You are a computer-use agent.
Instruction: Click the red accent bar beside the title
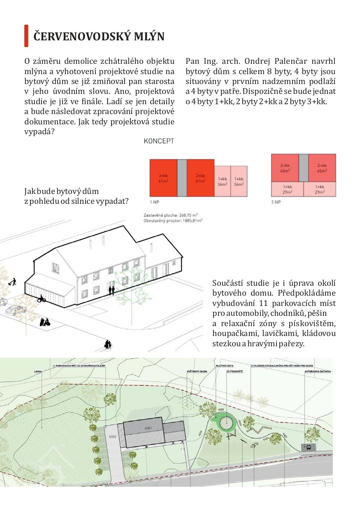point(26,36)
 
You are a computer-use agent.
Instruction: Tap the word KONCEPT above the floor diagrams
point(159,141)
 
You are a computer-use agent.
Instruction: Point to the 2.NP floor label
point(276,202)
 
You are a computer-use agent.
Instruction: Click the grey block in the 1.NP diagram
point(181,177)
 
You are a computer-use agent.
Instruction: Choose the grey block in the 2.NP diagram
point(303,168)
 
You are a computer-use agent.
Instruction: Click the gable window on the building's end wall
point(55,268)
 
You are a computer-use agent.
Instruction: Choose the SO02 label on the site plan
point(113,436)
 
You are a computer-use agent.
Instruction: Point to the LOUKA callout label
point(38,371)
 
